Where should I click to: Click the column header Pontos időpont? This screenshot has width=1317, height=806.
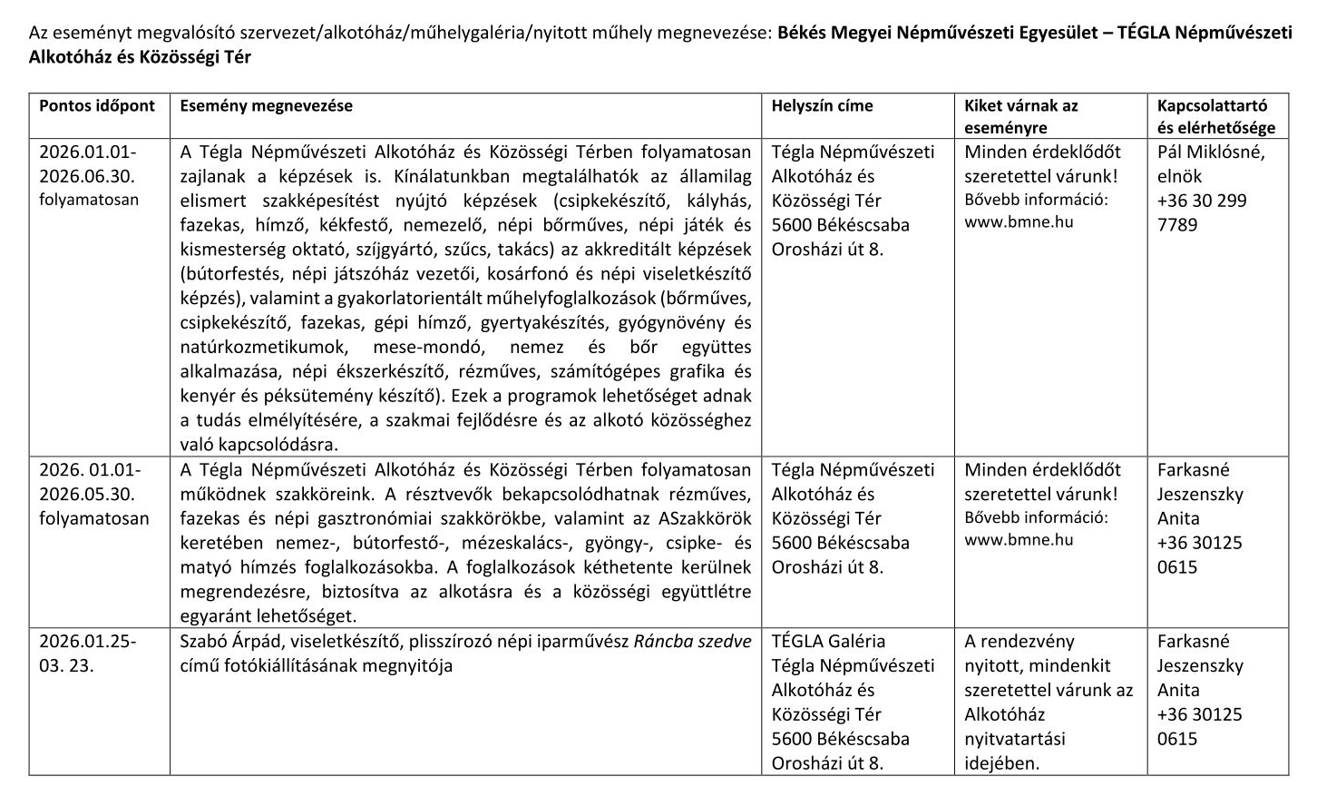pos(97,105)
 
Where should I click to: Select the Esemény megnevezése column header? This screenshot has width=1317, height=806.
pos(266,105)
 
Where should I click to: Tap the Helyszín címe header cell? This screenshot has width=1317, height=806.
pos(822,105)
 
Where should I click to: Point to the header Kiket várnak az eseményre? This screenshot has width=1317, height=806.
pos(1020,116)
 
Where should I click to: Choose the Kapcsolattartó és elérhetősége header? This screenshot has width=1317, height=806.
pos(1215,116)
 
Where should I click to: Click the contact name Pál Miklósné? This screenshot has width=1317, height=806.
pos(1210,152)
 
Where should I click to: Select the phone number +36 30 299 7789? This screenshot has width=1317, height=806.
pos(1202,212)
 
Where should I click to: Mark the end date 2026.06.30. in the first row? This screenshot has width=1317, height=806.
pos(87,176)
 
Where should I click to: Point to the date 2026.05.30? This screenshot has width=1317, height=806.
pos(87,495)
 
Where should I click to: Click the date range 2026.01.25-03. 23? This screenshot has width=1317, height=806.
pos(87,653)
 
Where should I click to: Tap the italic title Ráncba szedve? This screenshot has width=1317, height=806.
pos(692,641)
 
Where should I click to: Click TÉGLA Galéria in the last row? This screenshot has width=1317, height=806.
pos(828,641)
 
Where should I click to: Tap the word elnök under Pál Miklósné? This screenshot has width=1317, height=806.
pos(1179,176)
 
